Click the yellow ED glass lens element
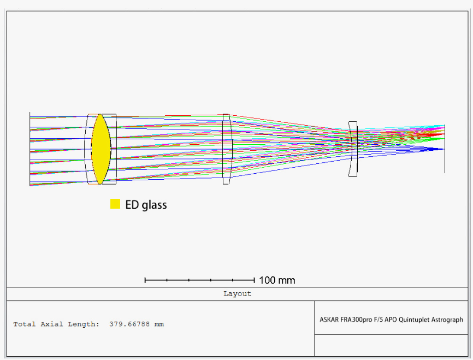[101, 149]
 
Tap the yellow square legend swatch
[115, 204]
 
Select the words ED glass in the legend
[146, 205]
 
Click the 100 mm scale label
[277, 280]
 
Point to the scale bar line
[200, 280]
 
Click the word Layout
[237, 294]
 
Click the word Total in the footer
[25, 324]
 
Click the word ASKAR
[329, 320]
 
